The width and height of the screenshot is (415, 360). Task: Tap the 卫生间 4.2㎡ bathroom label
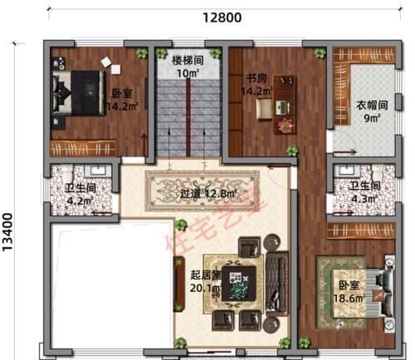[80, 187]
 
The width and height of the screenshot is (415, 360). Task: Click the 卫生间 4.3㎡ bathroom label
[364, 187]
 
